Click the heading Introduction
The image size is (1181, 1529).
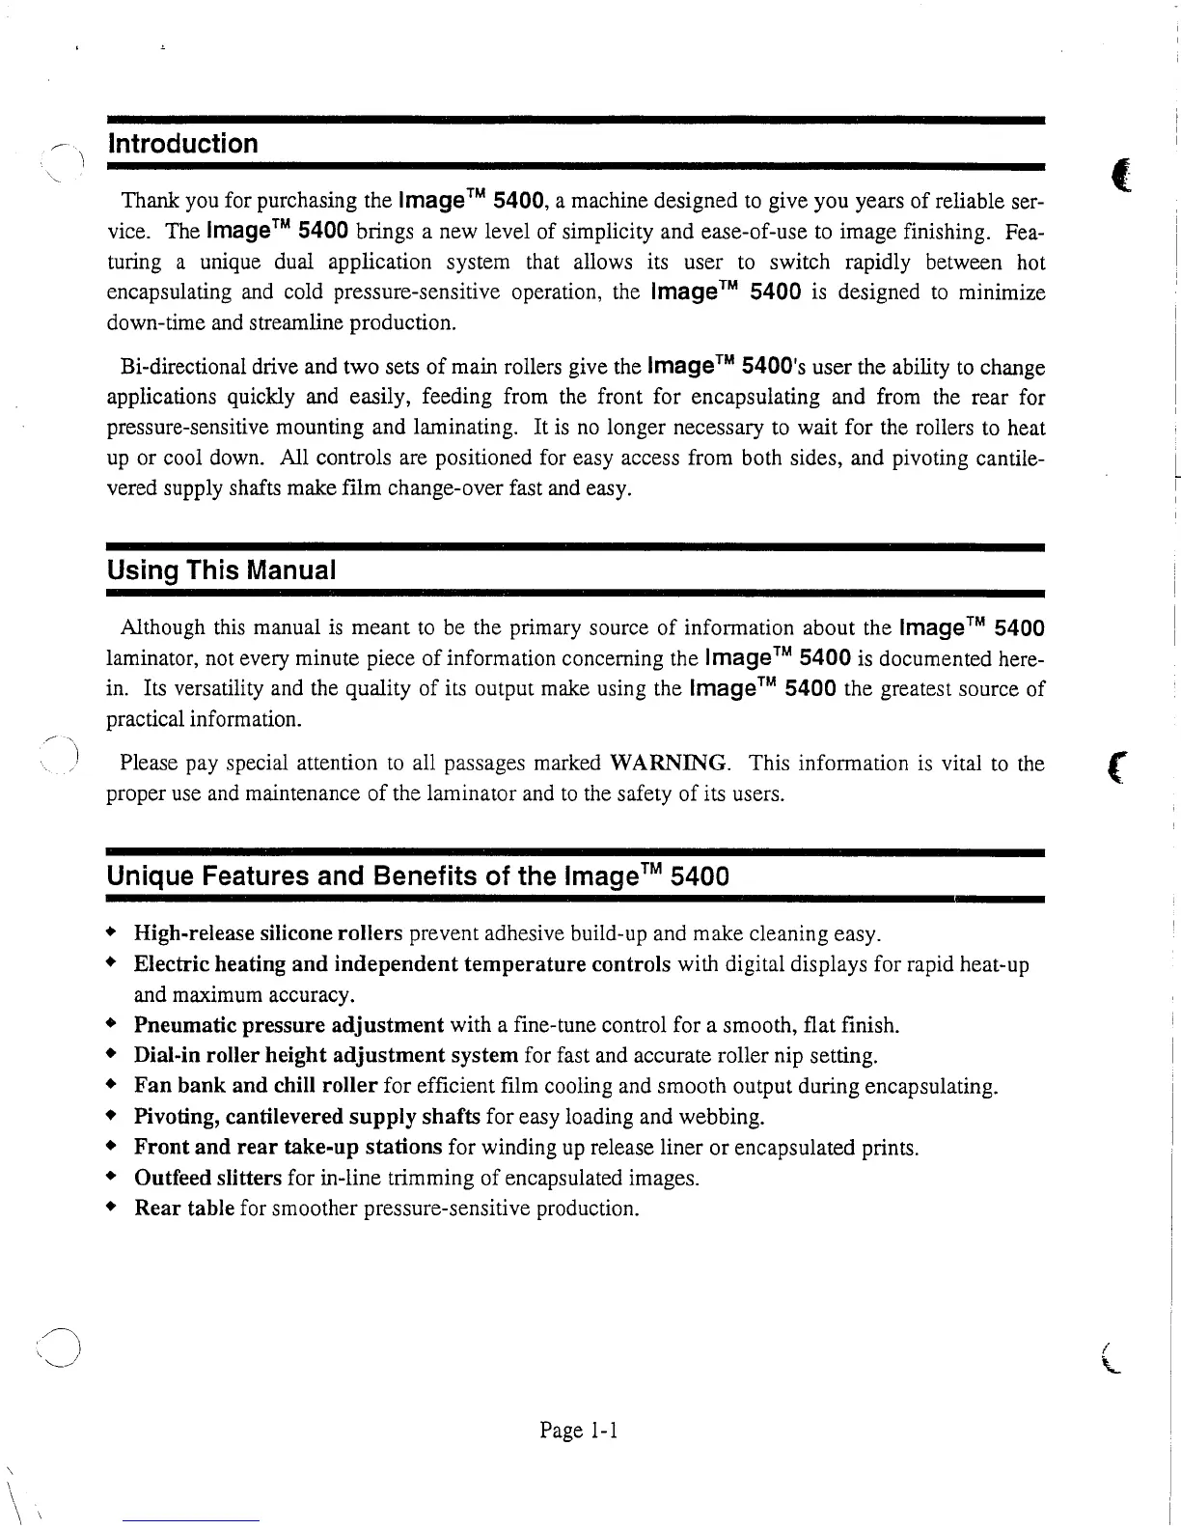(x=183, y=144)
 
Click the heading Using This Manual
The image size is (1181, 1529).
(x=221, y=570)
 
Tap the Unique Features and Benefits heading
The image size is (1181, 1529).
(x=417, y=876)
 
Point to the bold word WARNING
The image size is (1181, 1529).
(x=669, y=764)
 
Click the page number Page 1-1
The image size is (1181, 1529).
(x=579, y=1430)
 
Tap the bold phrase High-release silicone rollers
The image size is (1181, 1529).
(x=267, y=933)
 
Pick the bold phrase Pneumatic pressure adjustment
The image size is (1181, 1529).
(x=288, y=1024)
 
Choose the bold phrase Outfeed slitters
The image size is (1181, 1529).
(x=207, y=1178)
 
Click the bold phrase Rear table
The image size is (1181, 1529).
(x=184, y=1209)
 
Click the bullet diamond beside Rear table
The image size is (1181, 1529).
(x=112, y=1208)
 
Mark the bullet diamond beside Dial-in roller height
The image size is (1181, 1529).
(x=112, y=1054)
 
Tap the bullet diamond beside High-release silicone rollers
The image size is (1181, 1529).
(x=112, y=932)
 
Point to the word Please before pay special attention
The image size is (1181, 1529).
(x=149, y=764)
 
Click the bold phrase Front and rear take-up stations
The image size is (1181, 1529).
(x=288, y=1147)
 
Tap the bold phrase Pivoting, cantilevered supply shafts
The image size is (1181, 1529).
(x=307, y=1117)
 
